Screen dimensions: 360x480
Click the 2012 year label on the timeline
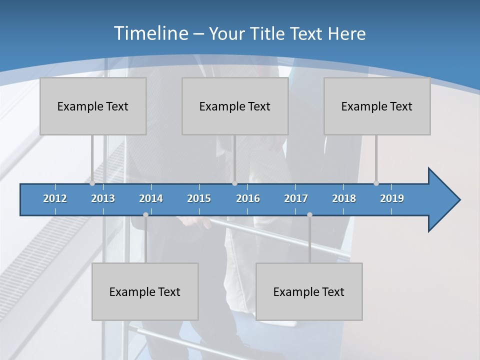click(x=55, y=198)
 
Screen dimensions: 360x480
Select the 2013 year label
click(x=103, y=198)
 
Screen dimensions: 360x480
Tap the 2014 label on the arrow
click(x=151, y=198)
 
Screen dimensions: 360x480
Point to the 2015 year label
click(x=199, y=198)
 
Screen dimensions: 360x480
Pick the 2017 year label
click(x=296, y=198)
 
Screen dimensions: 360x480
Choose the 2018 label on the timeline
click(x=344, y=198)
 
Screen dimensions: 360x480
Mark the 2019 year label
click(x=392, y=198)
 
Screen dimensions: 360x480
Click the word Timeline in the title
click(x=150, y=33)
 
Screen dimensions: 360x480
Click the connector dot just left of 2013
click(x=92, y=183)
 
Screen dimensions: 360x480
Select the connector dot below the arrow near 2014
click(x=145, y=214)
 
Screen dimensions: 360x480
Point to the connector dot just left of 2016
click(x=234, y=183)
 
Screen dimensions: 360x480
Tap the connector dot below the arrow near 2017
click(x=309, y=214)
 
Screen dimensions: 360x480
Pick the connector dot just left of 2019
click(x=376, y=183)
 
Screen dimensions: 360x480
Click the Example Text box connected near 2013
click(x=93, y=106)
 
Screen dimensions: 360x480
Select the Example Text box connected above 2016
click(x=235, y=106)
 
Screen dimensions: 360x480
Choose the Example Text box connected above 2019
click(x=377, y=106)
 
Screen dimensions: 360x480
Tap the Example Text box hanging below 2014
click(x=145, y=291)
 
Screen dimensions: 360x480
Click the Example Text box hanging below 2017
click(x=309, y=291)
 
